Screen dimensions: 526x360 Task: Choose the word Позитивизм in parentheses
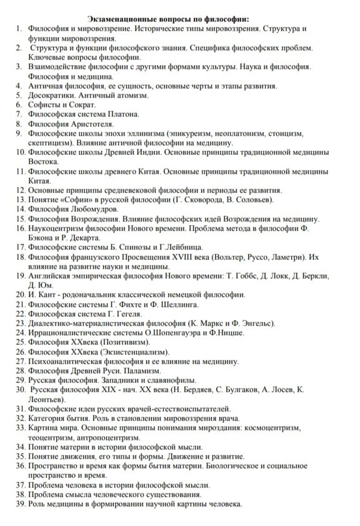tap(119, 342)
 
